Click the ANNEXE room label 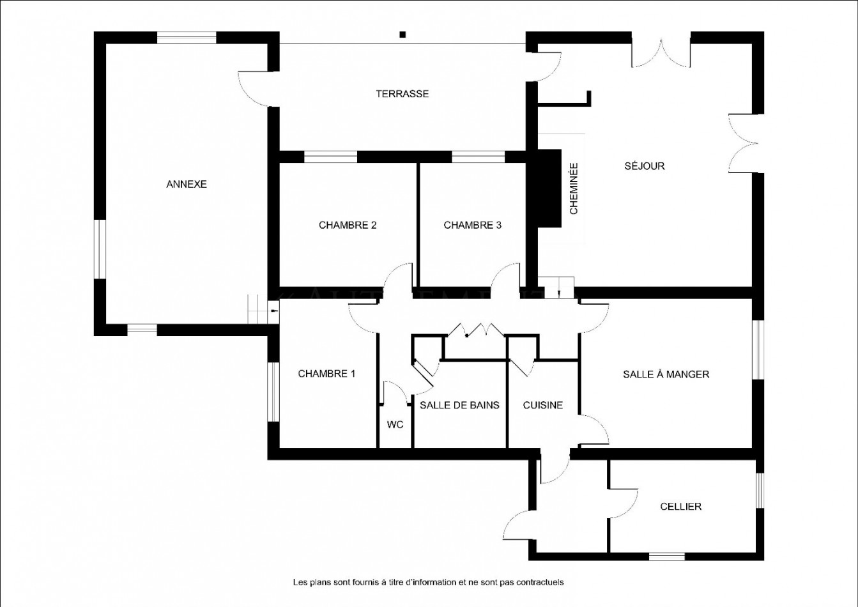click(x=187, y=184)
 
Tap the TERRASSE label click(x=402, y=94)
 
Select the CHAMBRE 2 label click(x=348, y=225)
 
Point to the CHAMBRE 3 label click(x=472, y=225)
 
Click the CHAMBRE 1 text click(x=326, y=374)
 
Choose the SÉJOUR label click(x=645, y=166)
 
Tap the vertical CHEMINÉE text click(x=574, y=188)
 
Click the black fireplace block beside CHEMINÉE click(x=549, y=188)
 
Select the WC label click(x=395, y=425)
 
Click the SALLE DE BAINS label click(x=459, y=405)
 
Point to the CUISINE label click(x=542, y=405)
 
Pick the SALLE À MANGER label click(x=666, y=374)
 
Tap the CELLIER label click(x=680, y=507)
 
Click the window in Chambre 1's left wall click(x=273, y=392)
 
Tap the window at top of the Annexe click(x=187, y=38)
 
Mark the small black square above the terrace click(x=402, y=35)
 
